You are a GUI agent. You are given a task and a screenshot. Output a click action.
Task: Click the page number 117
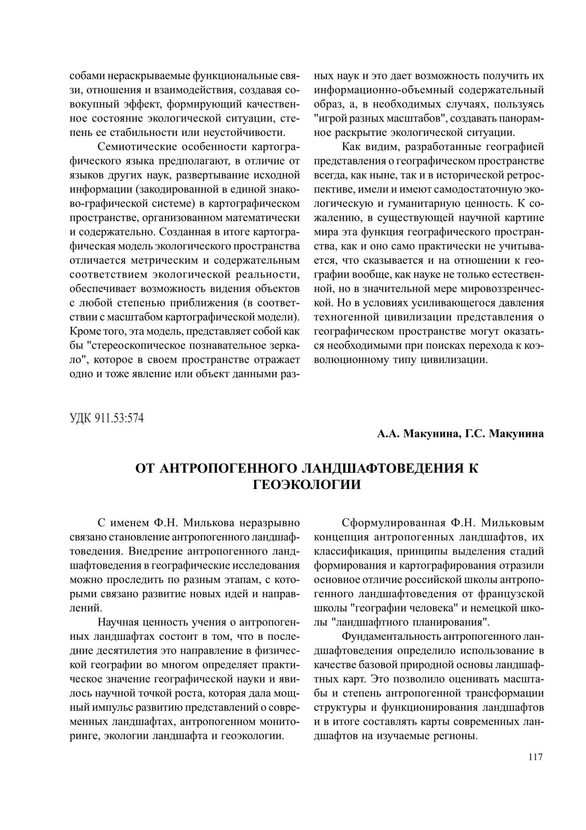coord(535,756)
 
